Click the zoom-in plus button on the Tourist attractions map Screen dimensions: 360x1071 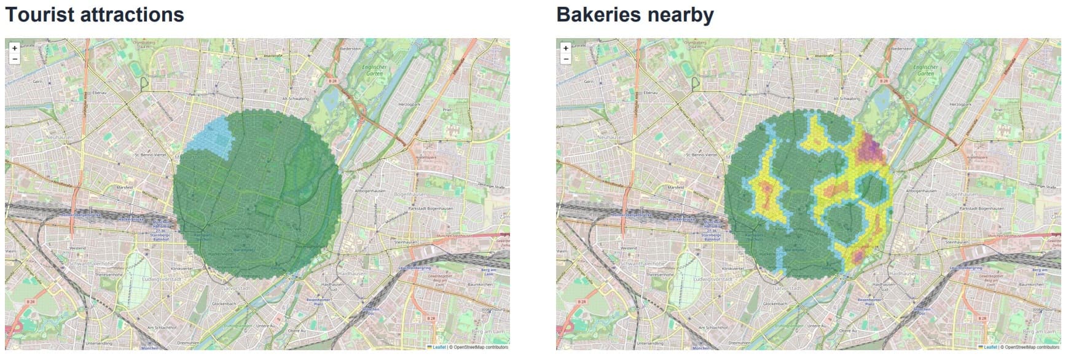(x=15, y=48)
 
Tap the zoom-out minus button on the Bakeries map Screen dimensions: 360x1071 (x=566, y=59)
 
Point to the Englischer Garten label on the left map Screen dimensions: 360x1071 (x=374, y=70)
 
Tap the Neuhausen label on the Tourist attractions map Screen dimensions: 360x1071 (x=60, y=137)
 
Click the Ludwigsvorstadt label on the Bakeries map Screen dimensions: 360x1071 (x=713, y=279)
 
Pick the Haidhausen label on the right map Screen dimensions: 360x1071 (x=903, y=273)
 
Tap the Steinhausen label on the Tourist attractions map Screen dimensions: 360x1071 (x=406, y=242)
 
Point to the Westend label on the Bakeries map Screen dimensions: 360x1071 (x=629, y=248)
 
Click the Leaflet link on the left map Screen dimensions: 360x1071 (x=439, y=347)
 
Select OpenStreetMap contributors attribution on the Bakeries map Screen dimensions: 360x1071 (x=1033, y=347)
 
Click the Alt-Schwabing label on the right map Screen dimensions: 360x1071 (x=846, y=98)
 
